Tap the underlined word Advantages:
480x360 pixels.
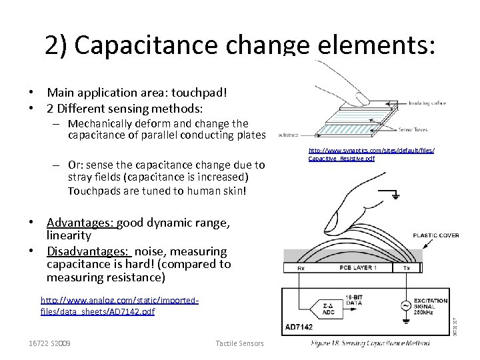pyautogui.click(x=82, y=223)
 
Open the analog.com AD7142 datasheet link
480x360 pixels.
pyautogui.click(x=119, y=306)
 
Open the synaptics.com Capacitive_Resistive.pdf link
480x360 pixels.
pyautogui.click(x=371, y=154)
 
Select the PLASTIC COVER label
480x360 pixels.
pyautogui.click(x=435, y=235)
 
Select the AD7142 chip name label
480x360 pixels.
pyautogui.click(x=298, y=327)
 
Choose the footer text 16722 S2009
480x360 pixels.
pyautogui.click(x=50, y=343)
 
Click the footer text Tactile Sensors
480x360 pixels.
pyautogui.click(x=239, y=343)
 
